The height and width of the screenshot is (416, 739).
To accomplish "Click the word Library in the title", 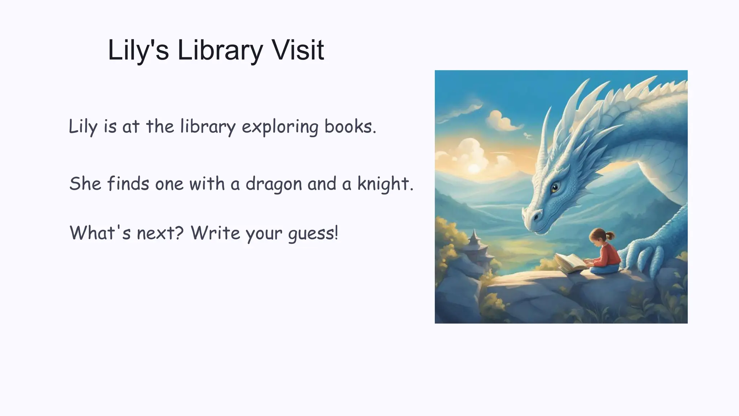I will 220,51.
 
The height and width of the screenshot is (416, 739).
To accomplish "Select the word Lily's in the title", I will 138,51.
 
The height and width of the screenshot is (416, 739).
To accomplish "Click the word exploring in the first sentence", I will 280,127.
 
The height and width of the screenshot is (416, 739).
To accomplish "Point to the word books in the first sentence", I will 350,126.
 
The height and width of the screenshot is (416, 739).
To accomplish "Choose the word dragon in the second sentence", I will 274,184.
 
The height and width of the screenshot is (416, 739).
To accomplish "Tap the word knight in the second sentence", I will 385,184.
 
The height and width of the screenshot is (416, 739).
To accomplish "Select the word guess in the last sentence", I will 313,234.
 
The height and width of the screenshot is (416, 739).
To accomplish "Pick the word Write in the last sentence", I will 215,233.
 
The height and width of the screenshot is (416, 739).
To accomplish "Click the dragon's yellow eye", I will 555,187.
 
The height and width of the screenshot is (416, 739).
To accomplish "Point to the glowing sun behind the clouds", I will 473,168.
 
